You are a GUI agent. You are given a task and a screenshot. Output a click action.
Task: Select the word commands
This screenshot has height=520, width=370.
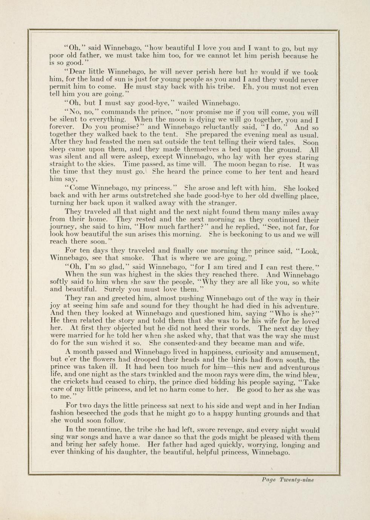click(119, 112)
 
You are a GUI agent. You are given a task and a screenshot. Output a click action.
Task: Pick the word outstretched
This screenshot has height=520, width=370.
click(144, 196)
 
